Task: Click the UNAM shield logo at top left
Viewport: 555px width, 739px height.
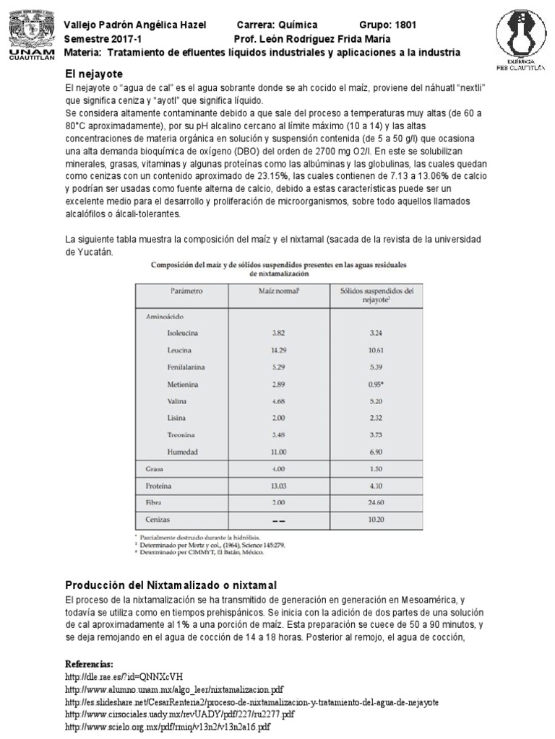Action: point(28,32)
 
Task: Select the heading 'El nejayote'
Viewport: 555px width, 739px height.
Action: point(94,74)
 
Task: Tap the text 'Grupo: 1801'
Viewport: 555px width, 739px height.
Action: point(387,25)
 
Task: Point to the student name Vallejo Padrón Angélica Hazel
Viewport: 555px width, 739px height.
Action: point(135,25)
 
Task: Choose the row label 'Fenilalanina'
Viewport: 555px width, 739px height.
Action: point(189,367)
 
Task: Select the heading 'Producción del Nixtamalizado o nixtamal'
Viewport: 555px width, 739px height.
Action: point(171,584)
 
